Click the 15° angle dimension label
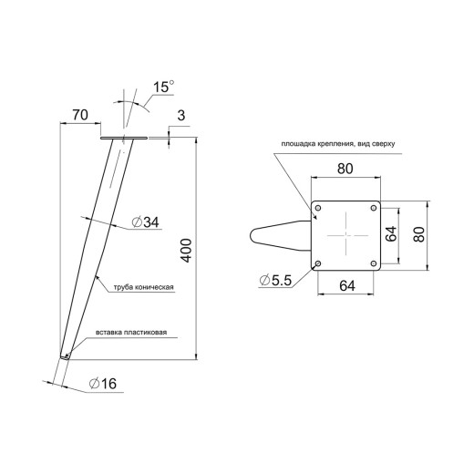163,87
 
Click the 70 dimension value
80,115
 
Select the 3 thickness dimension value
181,116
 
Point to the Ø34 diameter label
145,222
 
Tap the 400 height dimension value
186,251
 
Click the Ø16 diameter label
103,384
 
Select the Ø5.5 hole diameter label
275,280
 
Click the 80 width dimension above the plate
345,169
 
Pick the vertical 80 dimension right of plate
419,234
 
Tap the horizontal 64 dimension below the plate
347,285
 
